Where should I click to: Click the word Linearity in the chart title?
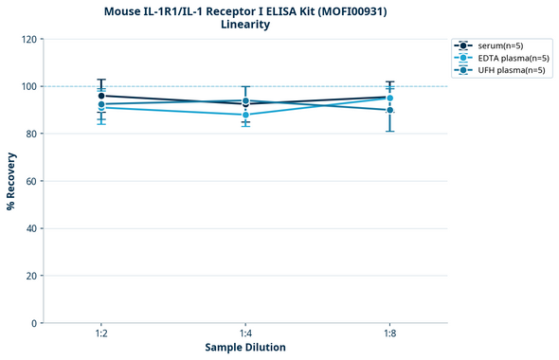click(244, 25)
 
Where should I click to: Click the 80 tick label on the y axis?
click(30, 135)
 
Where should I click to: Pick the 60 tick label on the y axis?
click(30, 182)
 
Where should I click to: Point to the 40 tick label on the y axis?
click(30, 229)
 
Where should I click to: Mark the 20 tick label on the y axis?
click(30, 277)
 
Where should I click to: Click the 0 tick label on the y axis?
click(33, 324)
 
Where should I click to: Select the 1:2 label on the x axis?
click(100, 334)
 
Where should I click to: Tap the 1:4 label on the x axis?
click(245, 334)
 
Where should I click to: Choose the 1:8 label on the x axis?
click(390, 334)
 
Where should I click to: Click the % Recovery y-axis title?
click(11, 181)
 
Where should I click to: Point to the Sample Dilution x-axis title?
click(245, 348)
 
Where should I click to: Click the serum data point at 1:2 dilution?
click(101, 96)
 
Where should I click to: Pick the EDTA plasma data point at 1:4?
click(245, 115)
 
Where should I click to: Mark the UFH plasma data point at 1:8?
click(390, 110)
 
